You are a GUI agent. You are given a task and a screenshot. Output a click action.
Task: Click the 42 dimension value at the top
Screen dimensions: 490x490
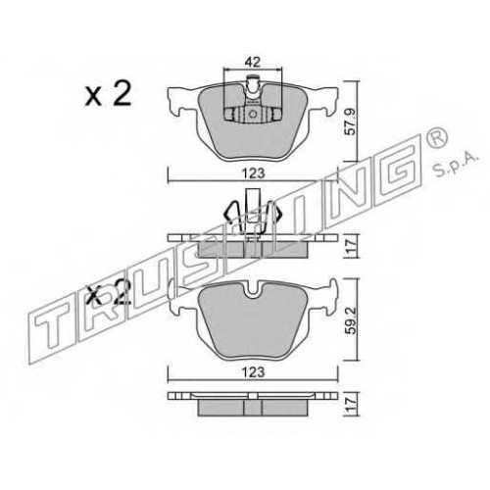pyautogui.click(x=253, y=62)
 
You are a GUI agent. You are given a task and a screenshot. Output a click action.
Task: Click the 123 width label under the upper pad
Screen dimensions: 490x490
pyautogui.click(x=254, y=173)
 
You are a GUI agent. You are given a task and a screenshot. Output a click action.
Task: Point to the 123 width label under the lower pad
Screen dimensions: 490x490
pyautogui.click(x=254, y=371)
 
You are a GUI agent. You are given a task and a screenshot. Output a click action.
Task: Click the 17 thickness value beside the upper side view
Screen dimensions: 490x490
pyautogui.click(x=350, y=246)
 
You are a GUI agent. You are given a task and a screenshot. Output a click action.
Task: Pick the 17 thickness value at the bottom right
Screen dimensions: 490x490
pyautogui.click(x=350, y=404)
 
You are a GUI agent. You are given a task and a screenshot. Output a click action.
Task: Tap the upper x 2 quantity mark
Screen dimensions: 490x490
pyautogui.click(x=108, y=93)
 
